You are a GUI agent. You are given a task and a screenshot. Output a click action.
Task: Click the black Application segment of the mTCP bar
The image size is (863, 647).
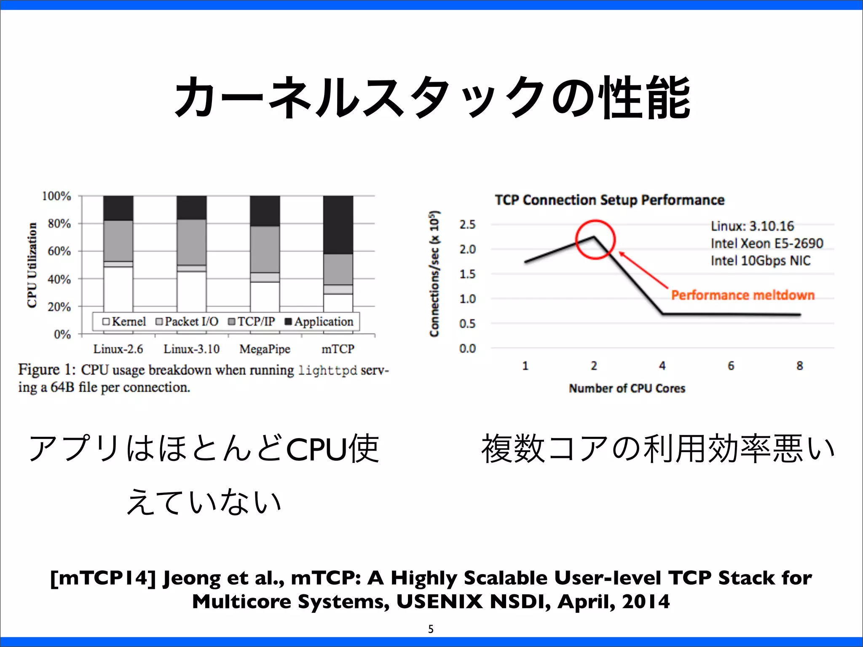click(338, 225)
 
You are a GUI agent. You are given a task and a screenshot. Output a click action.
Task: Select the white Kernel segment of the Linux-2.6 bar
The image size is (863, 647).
click(118, 289)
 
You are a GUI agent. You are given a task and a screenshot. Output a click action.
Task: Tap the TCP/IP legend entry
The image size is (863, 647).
click(251, 322)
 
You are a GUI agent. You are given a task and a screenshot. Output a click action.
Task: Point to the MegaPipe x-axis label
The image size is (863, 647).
click(265, 349)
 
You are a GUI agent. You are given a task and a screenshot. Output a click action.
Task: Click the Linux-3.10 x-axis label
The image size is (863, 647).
click(191, 349)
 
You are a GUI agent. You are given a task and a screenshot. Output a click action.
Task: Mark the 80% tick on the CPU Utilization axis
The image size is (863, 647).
click(59, 224)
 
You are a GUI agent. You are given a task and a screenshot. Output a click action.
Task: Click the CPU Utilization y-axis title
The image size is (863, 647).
click(32, 265)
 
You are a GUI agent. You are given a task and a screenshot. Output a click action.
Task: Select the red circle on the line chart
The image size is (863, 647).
click(595, 239)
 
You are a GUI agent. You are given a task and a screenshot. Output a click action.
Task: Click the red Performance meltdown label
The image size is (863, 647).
click(742, 295)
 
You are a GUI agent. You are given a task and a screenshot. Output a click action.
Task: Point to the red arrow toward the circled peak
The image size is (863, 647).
click(643, 270)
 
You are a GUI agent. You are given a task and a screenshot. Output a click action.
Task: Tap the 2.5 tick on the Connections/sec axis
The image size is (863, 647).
click(467, 225)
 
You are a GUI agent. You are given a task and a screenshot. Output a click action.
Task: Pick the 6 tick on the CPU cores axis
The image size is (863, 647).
click(731, 366)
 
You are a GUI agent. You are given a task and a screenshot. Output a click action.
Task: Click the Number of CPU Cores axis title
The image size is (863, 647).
click(627, 388)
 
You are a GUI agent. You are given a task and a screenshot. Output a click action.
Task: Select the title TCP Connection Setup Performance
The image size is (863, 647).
click(609, 200)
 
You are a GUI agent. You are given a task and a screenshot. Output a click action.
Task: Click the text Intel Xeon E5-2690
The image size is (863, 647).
click(767, 243)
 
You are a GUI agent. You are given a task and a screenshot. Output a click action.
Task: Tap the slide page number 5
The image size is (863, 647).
click(431, 629)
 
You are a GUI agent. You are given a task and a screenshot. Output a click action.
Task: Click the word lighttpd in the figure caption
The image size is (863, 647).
click(327, 371)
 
